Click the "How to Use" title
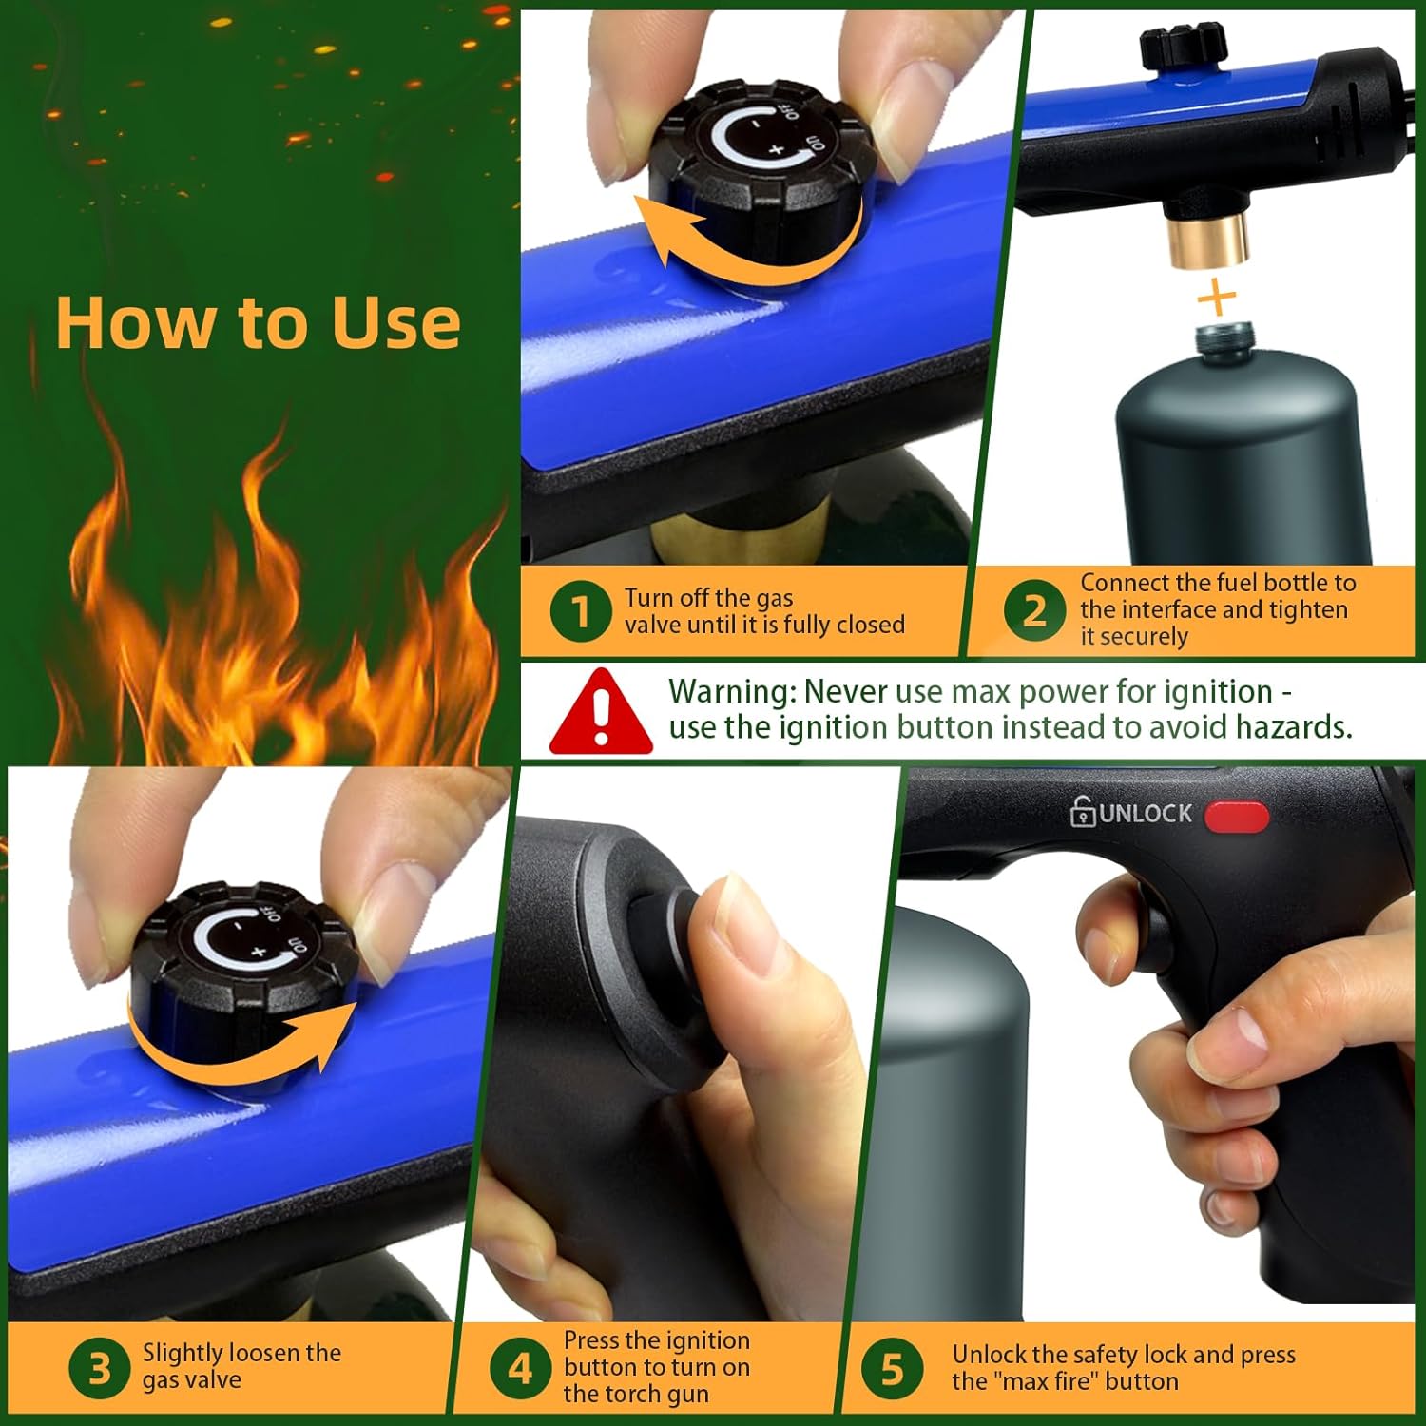click(x=258, y=323)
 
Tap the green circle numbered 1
click(x=580, y=611)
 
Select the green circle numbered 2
click(x=1033, y=610)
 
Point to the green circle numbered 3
click(x=99, y=1369)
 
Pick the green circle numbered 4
click(x=520, y=1369)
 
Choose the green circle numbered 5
click(x=892, y=1369)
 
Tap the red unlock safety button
click(x=1236, y=817)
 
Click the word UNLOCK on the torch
click(x=1146, y=814)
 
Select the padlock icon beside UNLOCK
click(x=1082, y=813)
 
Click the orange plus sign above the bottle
click(x=1217, y=299)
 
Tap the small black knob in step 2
click(x=1182, y=43)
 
